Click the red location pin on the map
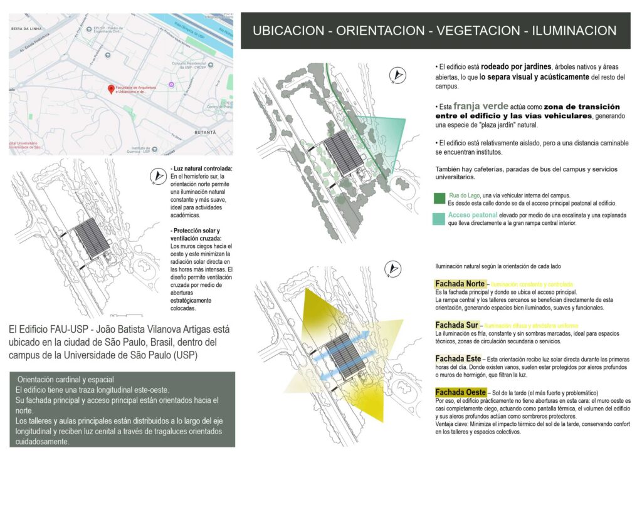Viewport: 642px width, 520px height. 111,90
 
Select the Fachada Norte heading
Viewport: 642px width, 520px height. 460,284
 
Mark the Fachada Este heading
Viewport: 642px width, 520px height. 458,358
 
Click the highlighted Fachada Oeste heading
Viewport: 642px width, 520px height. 460,392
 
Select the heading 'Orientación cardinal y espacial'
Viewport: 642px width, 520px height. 66,380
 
